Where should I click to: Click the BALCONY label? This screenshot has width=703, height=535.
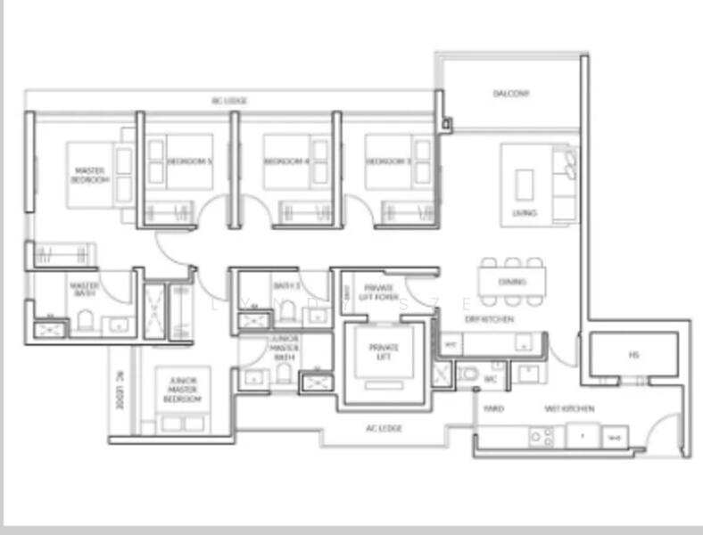tap(511, 94)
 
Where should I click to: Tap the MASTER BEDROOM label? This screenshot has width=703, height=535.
tap(89, 175)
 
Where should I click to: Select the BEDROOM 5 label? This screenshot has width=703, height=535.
tap(189, 161)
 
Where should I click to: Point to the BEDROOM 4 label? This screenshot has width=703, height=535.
tap(285, 161)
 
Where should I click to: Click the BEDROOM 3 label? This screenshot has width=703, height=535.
tap(387, 161)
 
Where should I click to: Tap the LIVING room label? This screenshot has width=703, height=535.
tap(525, 213)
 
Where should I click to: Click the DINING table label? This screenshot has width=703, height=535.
tap(512, 282)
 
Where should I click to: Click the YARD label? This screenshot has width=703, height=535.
tap(493, 408)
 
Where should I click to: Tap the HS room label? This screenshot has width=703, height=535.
tap(633, 354)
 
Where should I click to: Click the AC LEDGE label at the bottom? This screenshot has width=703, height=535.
tap(384, 429)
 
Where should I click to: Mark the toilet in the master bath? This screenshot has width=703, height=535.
tap(86, 320)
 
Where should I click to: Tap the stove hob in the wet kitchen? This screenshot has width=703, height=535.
tap(541, 436)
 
